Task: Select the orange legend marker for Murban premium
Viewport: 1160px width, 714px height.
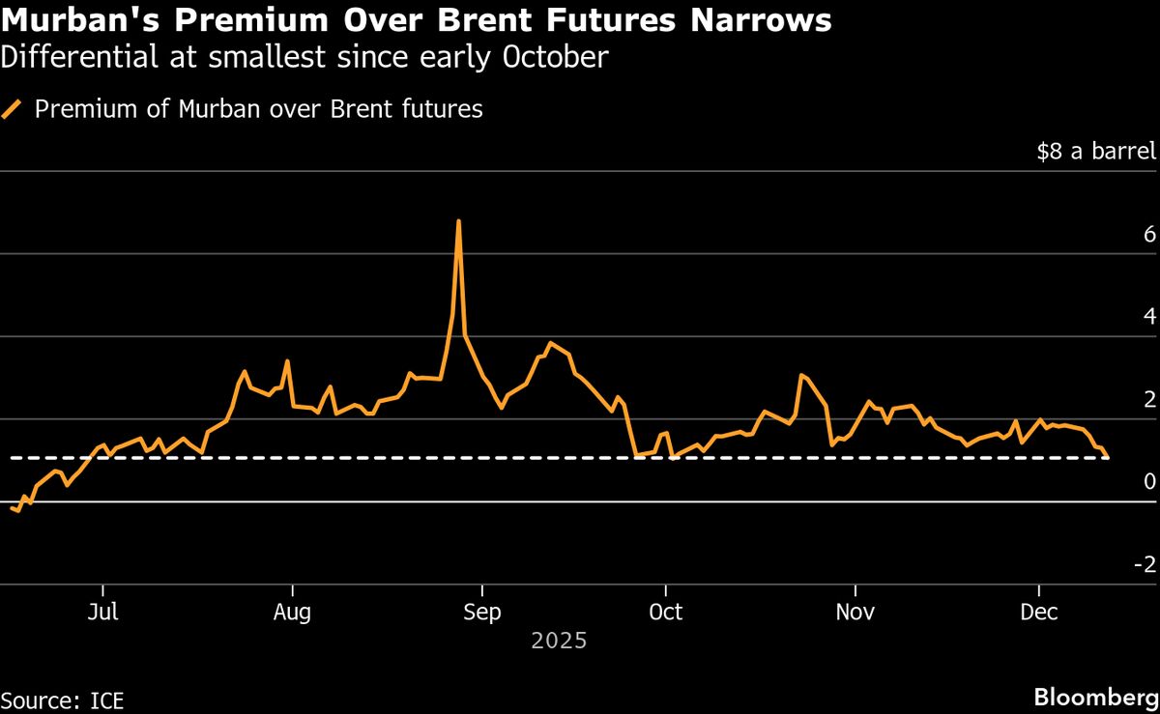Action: pyautogui.click(x=13, y=109)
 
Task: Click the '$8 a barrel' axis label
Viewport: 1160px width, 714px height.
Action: pyautogui.click(x=1096, y=153)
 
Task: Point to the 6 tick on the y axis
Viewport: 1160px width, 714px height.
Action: pyautogui.click(x=1149, y=235)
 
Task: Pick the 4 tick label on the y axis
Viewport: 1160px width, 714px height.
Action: pyautogui.click(x=1149, y=317)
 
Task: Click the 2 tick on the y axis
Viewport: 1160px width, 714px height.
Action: pyautogui.click(x=1149, y=400)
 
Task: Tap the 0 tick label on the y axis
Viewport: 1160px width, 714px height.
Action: pyautogui.click(x=1149, y=482)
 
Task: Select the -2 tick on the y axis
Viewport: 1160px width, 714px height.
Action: pyautogui.click(x=1145, y=564)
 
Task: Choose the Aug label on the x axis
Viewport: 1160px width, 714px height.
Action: pyautogui.click(x=291, y=613)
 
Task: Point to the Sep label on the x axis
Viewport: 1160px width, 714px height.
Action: pyautogui.click(x=481, y=613)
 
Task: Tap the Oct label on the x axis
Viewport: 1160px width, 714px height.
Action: pyautogui.click(x=665, y=613)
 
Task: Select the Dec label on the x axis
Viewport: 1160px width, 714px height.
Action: pyautogui.click(x=1039, y=613)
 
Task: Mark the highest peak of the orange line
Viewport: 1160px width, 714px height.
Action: pyautogui.click(x=458, y=221)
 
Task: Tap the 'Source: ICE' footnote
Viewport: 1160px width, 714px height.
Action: pyautogui.click(x=63, y=698)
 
